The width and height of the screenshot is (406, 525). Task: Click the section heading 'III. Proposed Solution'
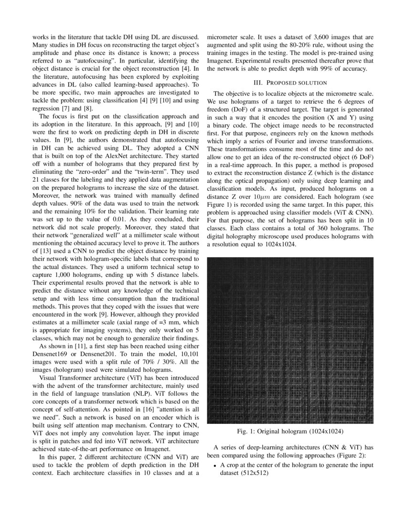pos(291,83)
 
